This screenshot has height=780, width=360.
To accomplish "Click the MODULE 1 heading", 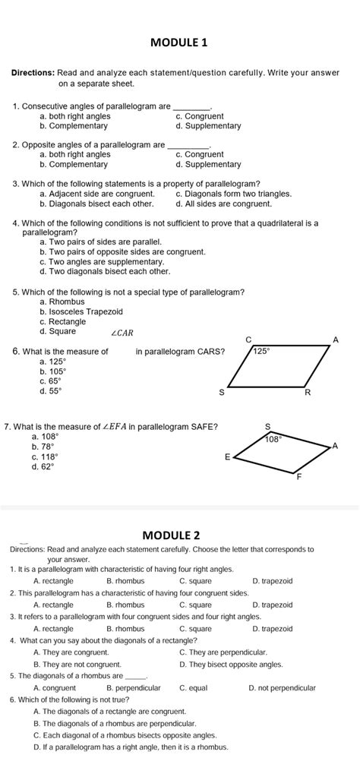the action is [179, 43].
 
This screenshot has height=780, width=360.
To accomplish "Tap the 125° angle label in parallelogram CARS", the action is [262, 352].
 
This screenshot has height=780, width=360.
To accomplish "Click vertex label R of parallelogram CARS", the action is [307, 393].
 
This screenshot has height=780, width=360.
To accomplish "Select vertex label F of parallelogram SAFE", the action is [298, 478].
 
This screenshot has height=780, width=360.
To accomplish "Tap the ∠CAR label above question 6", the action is [123, 332].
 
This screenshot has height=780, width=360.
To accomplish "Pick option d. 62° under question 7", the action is [45, 467].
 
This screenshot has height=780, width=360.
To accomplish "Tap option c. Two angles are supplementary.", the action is [102, 261].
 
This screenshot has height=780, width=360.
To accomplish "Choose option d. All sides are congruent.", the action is [223, 204].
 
